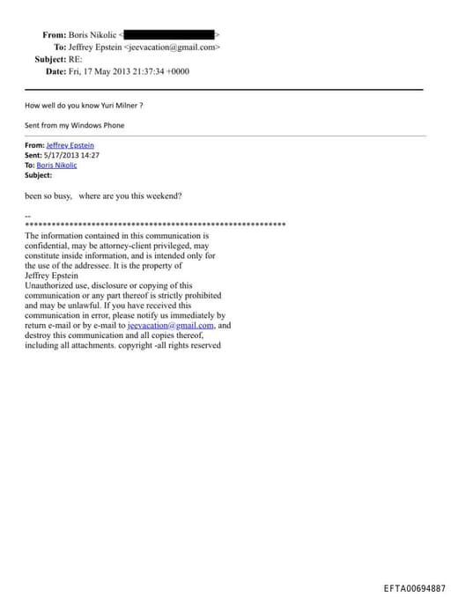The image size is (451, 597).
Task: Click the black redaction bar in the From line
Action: point(173,35)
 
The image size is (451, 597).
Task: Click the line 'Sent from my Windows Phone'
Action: point(75,125)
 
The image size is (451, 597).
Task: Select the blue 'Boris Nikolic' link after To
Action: point(56,165)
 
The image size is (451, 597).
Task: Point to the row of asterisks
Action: point(155,225)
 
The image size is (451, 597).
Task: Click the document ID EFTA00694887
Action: point(414,587)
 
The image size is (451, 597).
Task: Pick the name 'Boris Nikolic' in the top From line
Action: point(92,35)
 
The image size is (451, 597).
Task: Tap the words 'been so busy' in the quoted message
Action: point(49,195)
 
